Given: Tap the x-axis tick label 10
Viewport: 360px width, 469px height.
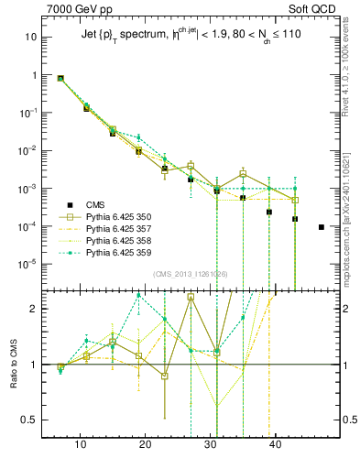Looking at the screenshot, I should [80, 445].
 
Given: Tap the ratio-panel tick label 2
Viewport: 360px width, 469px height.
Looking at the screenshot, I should [33, 309].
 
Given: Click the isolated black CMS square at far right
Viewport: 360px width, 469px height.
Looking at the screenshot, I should [321, 226].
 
